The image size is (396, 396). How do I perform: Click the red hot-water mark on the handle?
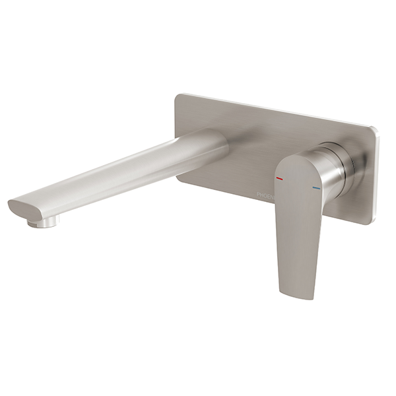pos(280,178)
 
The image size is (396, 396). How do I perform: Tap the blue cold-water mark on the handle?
pos(317,188)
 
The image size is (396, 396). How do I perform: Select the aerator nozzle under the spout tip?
pos(42,223)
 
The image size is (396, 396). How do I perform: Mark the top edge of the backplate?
pos(277,110)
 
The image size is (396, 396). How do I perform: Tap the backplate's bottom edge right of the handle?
pos(350,216)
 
